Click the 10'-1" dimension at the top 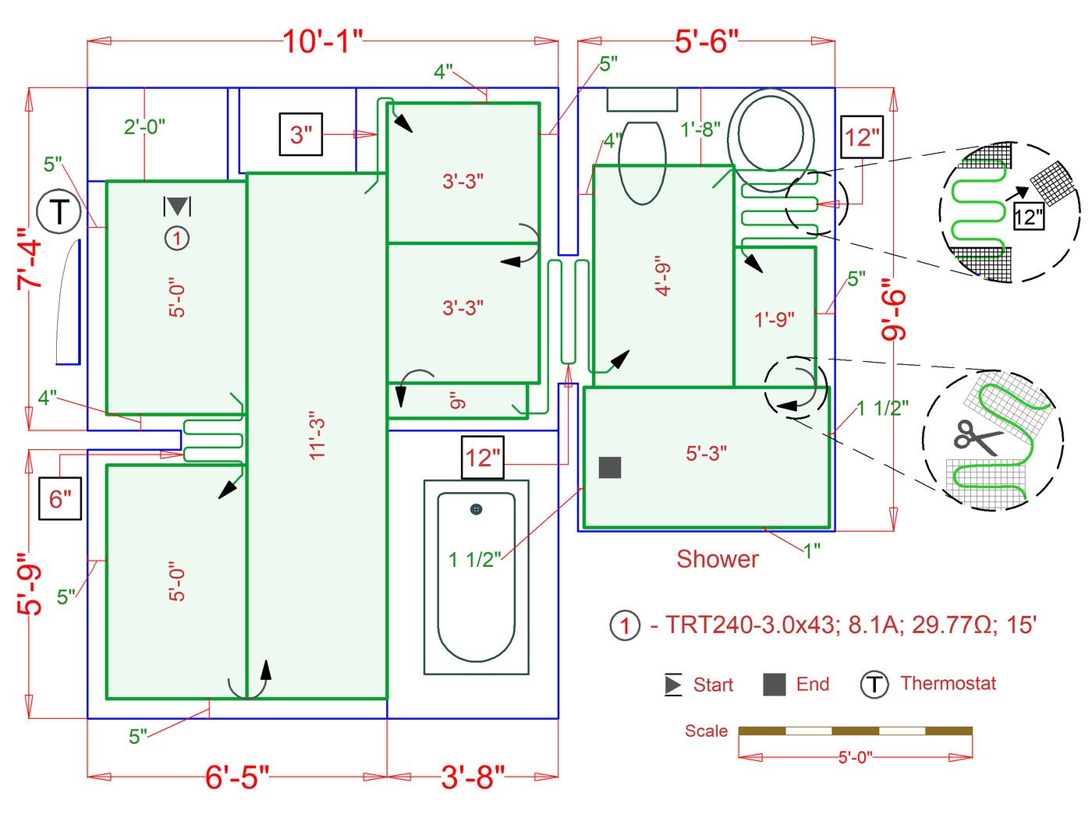click(x=322, y=41)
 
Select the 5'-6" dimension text click(x=706, y=41)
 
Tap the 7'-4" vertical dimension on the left click(x=32, y=260)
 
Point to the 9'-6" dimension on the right click(x=894, y=310)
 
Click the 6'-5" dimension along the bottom click(x=237, y=777)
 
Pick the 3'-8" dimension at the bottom click(x=473, y=777)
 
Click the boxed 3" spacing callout click(x=301, y=134)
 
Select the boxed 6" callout click(x=60, y=498)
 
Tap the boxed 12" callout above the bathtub click(x=483, y=457)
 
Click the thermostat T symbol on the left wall click(x=59, y=212)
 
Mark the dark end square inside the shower click(x=610, y=467)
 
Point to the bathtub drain click(x=476, y=509)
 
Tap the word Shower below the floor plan click(x=717, y=559)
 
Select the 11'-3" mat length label click(x=317, y=435)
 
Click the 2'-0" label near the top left click(x=144, y=126)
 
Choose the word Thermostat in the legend click(x=948, y=684)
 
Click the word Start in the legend click(x=713, y=685)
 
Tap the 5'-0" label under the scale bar click(x=855, y=757)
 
